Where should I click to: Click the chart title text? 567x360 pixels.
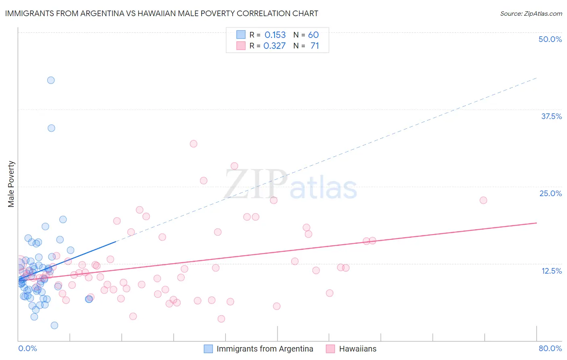click(162, 13)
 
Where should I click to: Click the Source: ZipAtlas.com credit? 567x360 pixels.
click(531, 13)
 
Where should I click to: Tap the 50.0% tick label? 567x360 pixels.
click(550, 39)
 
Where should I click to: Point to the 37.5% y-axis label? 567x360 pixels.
click(551, 116)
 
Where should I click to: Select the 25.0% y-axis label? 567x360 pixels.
click(550, 193)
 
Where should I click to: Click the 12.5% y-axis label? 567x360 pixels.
click(551, 271)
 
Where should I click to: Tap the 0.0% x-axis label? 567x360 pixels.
click(27, 348)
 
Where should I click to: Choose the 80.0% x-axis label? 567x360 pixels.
click(550, 348)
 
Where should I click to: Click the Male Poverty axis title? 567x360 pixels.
click(11, 184)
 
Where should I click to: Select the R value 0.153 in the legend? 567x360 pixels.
click(275, 35)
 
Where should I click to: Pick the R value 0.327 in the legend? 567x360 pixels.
click(275, 46)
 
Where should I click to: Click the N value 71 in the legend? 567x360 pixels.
click(315, 46)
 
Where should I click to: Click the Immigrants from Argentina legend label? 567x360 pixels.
click(265, 349)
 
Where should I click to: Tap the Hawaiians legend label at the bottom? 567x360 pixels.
click(358, 349)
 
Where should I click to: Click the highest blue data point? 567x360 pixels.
click(51, 80)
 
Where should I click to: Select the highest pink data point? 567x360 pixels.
click(194, 144)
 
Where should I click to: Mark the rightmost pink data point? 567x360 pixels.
click(483, 200)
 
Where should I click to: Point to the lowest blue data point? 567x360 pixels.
click(54, 325)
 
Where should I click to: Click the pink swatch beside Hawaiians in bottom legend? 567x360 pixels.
click(330, 349)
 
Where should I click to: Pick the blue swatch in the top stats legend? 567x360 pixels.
click(241, 35)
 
